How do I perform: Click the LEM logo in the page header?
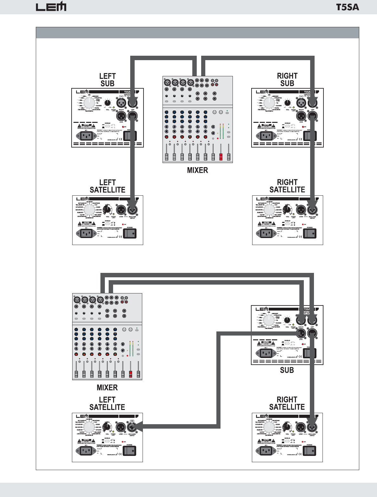coord(51,7)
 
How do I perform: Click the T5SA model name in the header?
coord(348,7)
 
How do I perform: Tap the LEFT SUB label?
coord(107,80)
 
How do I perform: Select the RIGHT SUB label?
coord(287,79)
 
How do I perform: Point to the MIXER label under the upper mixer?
coord(197,170)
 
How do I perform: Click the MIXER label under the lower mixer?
coord(107,387)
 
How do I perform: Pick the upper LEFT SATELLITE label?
coord(107,186)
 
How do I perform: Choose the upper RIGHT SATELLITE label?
coord(287,186)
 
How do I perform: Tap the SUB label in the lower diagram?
coord(287,370)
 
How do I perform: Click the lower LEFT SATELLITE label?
coord(107,403)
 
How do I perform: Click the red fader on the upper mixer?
coord(221,157)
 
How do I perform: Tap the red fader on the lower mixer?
coord(131,374)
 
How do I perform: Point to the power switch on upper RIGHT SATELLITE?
coord(310,234)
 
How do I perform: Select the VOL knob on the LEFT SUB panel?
coord(108,103)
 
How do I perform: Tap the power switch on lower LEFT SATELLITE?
coord(129,451)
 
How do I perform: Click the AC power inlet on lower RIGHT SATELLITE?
coord(266,451)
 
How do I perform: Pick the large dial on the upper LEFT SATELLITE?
coord(89,209)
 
